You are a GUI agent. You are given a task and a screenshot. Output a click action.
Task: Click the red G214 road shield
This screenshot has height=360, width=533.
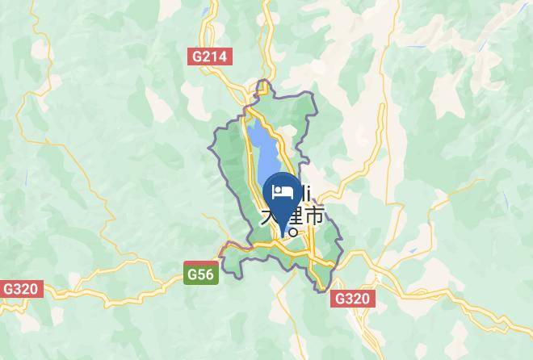[x=210, y=57]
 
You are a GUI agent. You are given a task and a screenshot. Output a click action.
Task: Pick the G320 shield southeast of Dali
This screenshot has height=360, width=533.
[x=351, y=299]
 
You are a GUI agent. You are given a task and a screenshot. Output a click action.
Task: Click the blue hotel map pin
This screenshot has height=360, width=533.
[x=283, y=198]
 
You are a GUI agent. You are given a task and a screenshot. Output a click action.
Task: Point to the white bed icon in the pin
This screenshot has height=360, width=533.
[x=283, y=192]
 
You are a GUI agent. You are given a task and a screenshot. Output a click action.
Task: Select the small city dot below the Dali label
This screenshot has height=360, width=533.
[x=293, y=232]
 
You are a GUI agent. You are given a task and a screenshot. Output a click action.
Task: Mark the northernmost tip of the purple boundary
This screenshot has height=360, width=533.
[x=263, y=82]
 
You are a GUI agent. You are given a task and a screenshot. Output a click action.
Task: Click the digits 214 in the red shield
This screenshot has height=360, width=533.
[x=216, y=57]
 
